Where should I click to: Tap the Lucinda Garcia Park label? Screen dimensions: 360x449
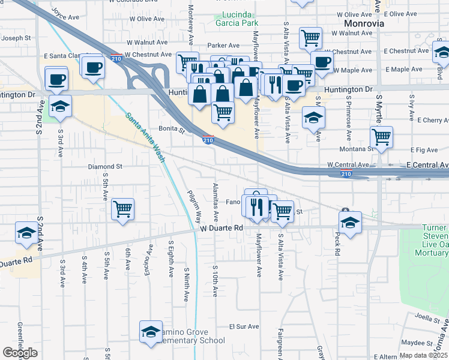pyautogui.click(x=237, y=19)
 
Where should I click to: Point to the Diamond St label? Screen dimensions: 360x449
pyautogui.click(x=105, y=166)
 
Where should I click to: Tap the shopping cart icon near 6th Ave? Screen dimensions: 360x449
pyautogui.click(x=122, y=209)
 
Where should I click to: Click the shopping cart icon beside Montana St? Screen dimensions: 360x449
pyautogui.click(x=381, y=137)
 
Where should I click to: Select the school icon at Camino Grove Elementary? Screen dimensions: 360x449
pyautogui.click(x=151, y=331)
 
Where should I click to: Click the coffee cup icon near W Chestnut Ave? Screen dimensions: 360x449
pyautogui.click(x=322, y=61)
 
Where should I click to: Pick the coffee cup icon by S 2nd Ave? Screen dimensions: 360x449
pyautogui.click(x=57, y=79)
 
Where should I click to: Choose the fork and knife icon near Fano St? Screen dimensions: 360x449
pyautogui.click(x=258, y=207)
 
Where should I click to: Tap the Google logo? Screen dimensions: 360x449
pyautogui.click(x=20, y=353)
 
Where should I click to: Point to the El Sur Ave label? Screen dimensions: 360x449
pyautogui.click(x=244, y=327)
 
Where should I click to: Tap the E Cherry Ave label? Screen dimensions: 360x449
pyautogui.click(x=429, y=119)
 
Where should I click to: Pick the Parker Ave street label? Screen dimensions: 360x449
pyautogui.click(x=223, y=45)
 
